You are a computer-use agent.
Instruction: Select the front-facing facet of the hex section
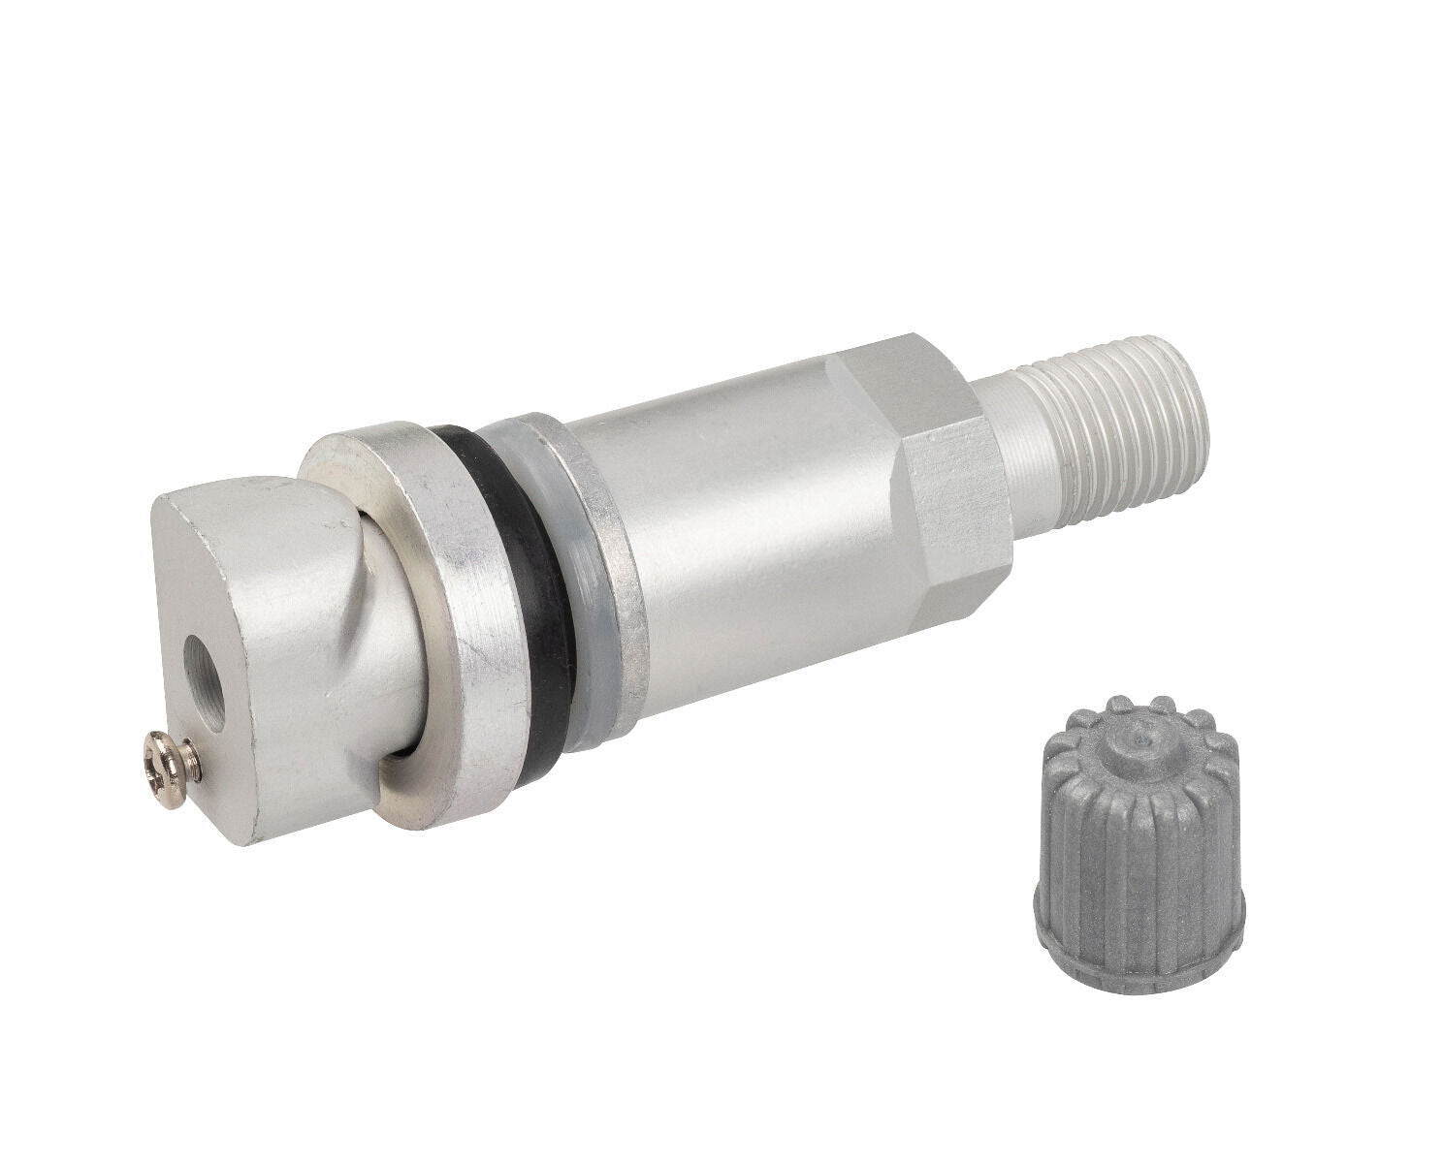pos(955,504)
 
